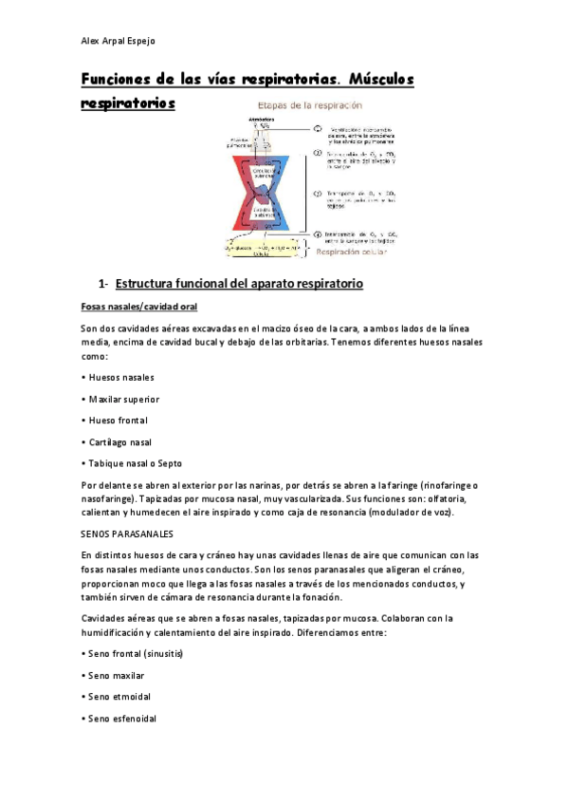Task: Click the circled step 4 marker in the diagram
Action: pos(318,233)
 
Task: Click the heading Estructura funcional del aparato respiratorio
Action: pos(238,284)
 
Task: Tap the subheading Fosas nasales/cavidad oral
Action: pos(138,307)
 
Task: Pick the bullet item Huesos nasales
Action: pos(120,377)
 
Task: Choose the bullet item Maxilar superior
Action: pos(123,399)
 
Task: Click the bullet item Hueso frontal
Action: pos(118,420)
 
